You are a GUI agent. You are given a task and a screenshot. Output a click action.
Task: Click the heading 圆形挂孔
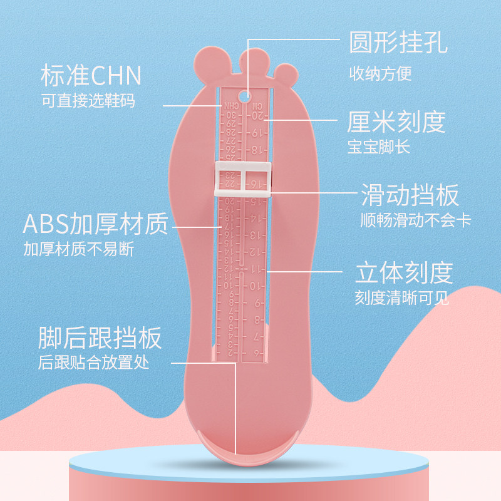398,43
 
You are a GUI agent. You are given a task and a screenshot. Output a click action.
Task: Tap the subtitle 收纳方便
380,74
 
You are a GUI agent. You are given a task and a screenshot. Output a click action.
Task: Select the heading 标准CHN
91,76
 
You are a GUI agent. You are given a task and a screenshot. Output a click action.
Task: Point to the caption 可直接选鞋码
88,100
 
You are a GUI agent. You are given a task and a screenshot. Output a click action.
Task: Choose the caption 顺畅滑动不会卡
415,221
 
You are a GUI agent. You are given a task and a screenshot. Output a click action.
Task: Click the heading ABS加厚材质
96,224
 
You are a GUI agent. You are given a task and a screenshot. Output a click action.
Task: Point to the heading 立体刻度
403,273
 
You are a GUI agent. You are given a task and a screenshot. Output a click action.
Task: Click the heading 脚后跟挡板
100,338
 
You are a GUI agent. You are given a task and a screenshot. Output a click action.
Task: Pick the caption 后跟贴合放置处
94,363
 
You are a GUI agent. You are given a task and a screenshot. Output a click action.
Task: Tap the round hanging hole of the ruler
248,95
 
